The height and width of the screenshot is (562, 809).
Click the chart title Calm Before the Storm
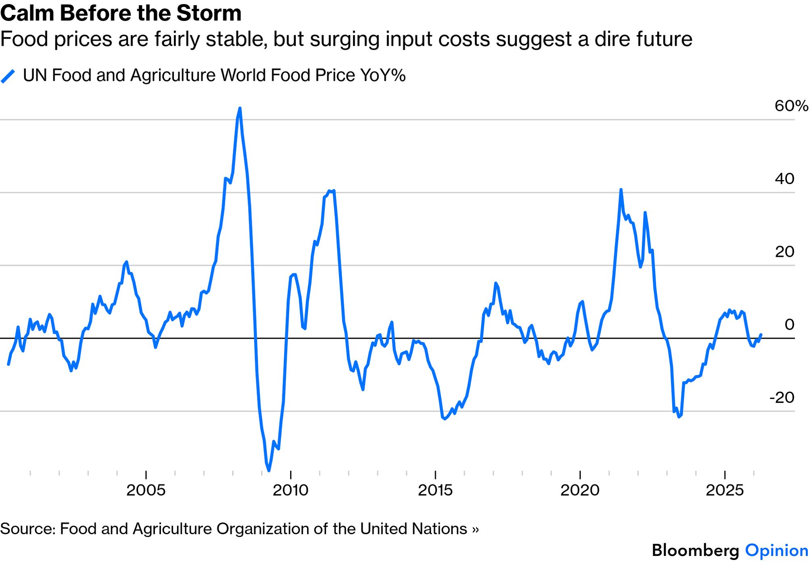[121, 13]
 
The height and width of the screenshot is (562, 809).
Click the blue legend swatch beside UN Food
[8, 76]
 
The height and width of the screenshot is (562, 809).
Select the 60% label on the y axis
[791, 106]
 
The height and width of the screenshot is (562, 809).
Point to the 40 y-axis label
[784, 178]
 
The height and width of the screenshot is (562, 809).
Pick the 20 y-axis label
[784, 252]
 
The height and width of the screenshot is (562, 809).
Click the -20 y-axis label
[782, 398]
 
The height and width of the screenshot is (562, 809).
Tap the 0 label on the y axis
[789, 325]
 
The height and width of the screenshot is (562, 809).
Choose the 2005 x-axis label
[146, 490]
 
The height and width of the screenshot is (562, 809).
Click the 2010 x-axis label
[291, 490]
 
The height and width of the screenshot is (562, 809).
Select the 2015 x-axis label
[435, 490]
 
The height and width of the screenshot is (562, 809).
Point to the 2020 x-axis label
[580, 490]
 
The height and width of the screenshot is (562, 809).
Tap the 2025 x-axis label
[725, 490]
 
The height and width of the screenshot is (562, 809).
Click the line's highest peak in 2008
[240, 108]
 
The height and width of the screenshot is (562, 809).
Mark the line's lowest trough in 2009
[269, 470]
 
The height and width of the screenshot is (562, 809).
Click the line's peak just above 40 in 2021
[621, 190]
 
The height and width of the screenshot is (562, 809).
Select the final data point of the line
[761, 334]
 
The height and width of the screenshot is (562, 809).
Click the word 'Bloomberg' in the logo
[695, 551]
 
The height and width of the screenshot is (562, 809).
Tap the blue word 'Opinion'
[776, 551]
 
